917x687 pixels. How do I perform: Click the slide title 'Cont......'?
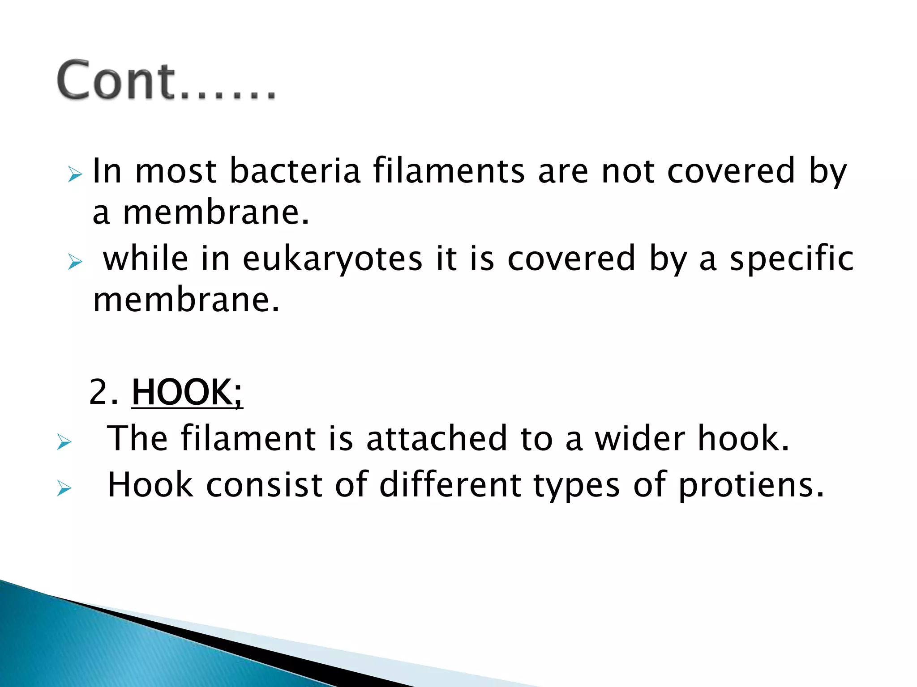pyautogui.click(x=166, y=81)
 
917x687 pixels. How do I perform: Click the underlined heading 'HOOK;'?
pyautogui.click(x=187, y=392)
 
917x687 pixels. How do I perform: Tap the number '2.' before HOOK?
pyautogui.click(x=104, y=392)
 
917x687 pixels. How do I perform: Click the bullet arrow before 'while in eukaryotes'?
pyautogui.click(x=75, y=262)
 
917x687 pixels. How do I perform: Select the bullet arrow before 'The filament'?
pyautogui.click(x=64, y=442)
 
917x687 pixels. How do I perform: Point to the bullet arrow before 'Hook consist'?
pyautogui.click(x=64, y=488)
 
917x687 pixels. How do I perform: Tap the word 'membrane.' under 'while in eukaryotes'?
pyautogui.click(x=186, y=300)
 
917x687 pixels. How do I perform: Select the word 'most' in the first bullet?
pyautogui.click(x=176, y=172)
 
